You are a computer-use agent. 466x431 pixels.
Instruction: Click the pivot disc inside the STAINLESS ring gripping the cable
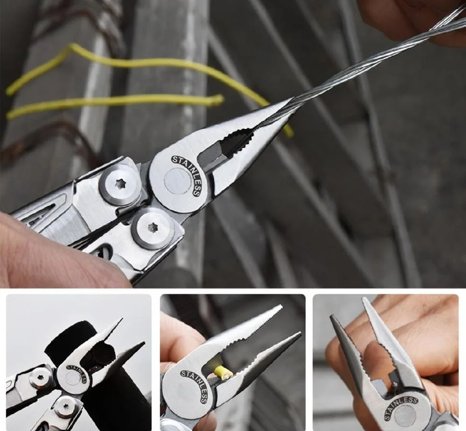click(178, 181)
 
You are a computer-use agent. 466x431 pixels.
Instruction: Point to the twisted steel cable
click(366, 65)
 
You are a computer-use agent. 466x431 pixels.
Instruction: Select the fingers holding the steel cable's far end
click(414, 16)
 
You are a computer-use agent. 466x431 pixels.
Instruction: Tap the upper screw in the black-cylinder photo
click(40, 377)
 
